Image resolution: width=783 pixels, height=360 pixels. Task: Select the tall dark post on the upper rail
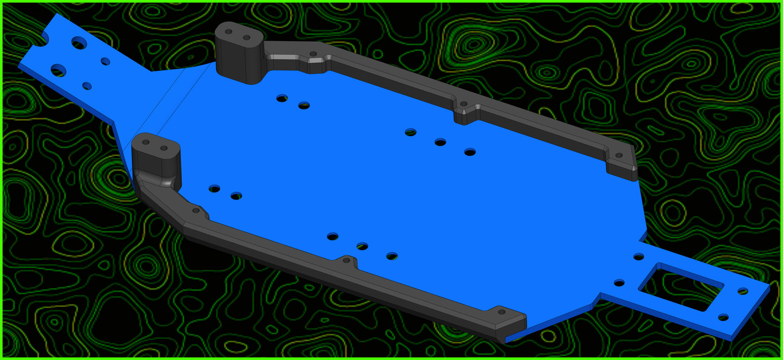tap(239, 53)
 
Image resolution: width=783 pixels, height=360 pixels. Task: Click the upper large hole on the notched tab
tap(79, 43)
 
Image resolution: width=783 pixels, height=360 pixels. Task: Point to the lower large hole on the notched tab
tap(59, 70)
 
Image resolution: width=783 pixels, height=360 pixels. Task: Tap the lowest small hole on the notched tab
tap(87, 86)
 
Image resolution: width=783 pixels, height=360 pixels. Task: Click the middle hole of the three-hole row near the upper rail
tap(440, 142)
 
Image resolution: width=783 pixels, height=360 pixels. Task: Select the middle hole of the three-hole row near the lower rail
tap(362, 246)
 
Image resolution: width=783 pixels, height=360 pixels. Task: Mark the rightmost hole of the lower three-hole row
tap(392, 256)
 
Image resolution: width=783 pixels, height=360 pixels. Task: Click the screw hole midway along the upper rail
tap(463, 104)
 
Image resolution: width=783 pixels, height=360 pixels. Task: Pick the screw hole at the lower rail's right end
tap(501, 312)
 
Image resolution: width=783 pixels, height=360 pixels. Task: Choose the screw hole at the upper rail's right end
tap(619, 155)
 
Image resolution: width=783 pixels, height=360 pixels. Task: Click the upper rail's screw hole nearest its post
tap(313, 54)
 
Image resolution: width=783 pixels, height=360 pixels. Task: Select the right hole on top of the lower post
tap(163, 147)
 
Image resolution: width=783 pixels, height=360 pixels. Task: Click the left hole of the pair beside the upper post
tap(282, 98)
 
